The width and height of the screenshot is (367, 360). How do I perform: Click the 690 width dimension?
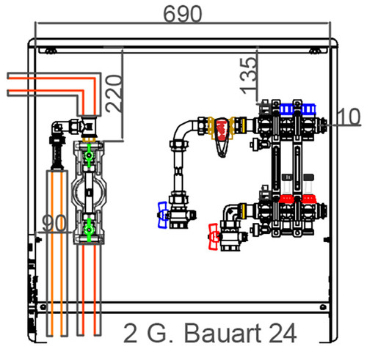183,14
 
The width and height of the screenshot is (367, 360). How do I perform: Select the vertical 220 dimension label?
114,93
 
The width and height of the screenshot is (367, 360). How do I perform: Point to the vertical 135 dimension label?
249,76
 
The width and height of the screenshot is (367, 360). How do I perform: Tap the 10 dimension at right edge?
349,117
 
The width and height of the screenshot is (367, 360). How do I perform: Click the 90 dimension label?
54,223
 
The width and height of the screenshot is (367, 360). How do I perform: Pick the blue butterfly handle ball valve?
163,215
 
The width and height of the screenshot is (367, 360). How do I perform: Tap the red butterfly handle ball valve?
214,237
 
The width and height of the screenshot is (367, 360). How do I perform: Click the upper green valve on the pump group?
89,155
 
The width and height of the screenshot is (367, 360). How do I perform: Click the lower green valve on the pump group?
88,229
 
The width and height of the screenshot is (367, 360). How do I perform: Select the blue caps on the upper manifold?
297,109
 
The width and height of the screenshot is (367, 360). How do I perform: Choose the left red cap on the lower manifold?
286,199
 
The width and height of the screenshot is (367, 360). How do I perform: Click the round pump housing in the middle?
89,191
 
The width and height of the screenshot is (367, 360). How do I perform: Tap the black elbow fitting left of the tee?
57,128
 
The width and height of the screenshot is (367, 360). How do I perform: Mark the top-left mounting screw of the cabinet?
51,51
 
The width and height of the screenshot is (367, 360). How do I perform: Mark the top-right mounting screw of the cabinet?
315,51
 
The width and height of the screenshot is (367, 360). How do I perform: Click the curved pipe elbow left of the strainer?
183,131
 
